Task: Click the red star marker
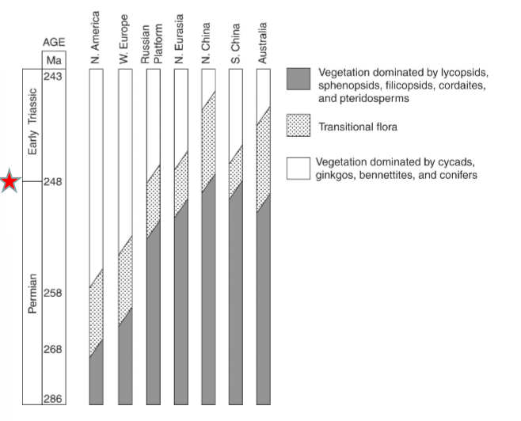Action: tap(10, 181)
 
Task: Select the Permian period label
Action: tap(32, 294)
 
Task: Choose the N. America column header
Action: tap(97, 37)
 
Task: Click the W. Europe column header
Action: tap(124, 40)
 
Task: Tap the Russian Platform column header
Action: tap(151, 44)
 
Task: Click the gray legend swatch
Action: tap(298, 80)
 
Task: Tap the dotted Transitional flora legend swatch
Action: tap(298, 126)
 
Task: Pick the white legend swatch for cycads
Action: tap(298, 168)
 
